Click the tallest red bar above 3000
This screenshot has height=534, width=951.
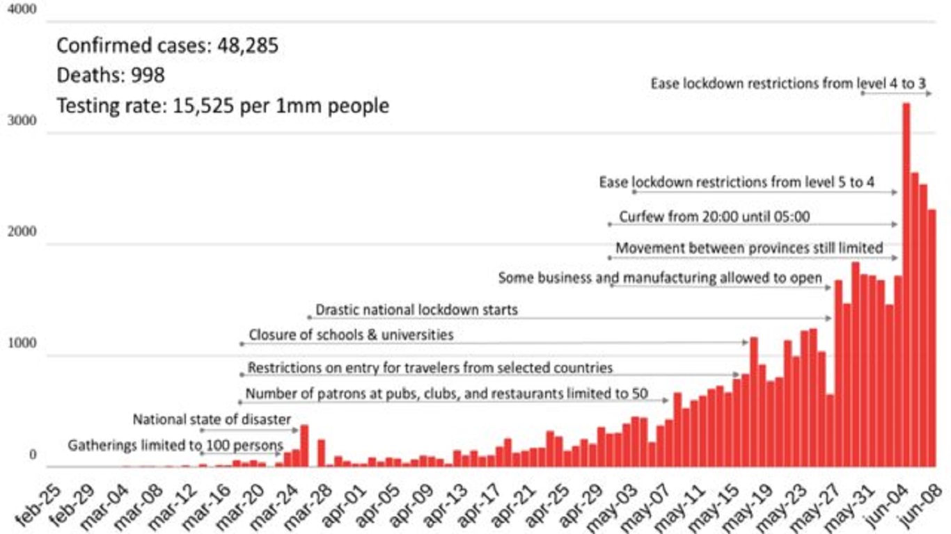point(906,285)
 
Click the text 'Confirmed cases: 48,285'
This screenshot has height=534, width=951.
point(167,46)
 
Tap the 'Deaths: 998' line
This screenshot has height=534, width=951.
point(111,75)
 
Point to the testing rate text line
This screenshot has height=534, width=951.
point(223,106)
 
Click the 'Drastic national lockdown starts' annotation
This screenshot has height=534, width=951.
point(416,309)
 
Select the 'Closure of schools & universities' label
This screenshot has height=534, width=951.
point(351,335)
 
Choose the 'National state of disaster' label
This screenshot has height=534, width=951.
point(212,419)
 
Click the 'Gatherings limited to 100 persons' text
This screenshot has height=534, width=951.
point(175,446)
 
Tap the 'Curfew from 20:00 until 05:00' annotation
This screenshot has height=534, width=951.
point(714,217)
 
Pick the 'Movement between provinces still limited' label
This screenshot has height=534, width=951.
point(749,248)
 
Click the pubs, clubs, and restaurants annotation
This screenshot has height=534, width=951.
point(447,394)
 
